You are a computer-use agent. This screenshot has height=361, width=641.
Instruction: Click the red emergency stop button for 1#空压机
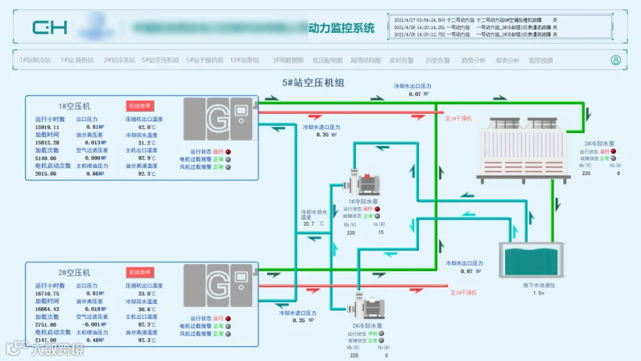pos(140,105)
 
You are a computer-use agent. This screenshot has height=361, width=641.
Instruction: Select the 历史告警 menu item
pos(437,61)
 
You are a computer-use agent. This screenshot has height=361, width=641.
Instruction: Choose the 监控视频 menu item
pos(541,61)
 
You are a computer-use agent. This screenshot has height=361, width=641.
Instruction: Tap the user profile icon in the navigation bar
pos(615,61)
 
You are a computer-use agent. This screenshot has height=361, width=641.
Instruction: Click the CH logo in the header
pos(49,28)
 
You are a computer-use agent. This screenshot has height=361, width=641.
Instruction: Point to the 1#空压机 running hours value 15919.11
pos(47,127)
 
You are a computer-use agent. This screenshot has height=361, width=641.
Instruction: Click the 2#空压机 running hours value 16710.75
pos(47,293)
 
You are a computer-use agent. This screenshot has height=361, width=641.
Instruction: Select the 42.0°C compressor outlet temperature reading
pos(147,127)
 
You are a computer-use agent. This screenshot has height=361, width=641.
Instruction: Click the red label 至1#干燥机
pos(456,118)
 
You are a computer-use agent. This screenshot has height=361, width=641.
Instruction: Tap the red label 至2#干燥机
pos(463,292)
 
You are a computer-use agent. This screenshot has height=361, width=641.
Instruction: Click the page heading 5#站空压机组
pos(313,83)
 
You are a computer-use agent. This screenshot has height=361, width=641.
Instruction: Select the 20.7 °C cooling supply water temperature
pos(308,224)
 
